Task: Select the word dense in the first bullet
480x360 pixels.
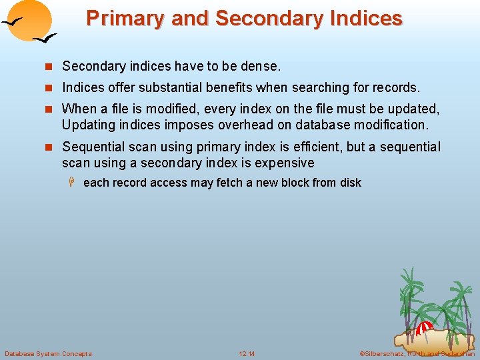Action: [262, 66]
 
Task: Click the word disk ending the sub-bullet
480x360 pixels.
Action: [350, 183]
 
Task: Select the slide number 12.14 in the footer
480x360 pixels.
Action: [247, 353]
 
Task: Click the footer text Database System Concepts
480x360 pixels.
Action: [48, 353]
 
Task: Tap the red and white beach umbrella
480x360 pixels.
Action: [425, 327]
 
